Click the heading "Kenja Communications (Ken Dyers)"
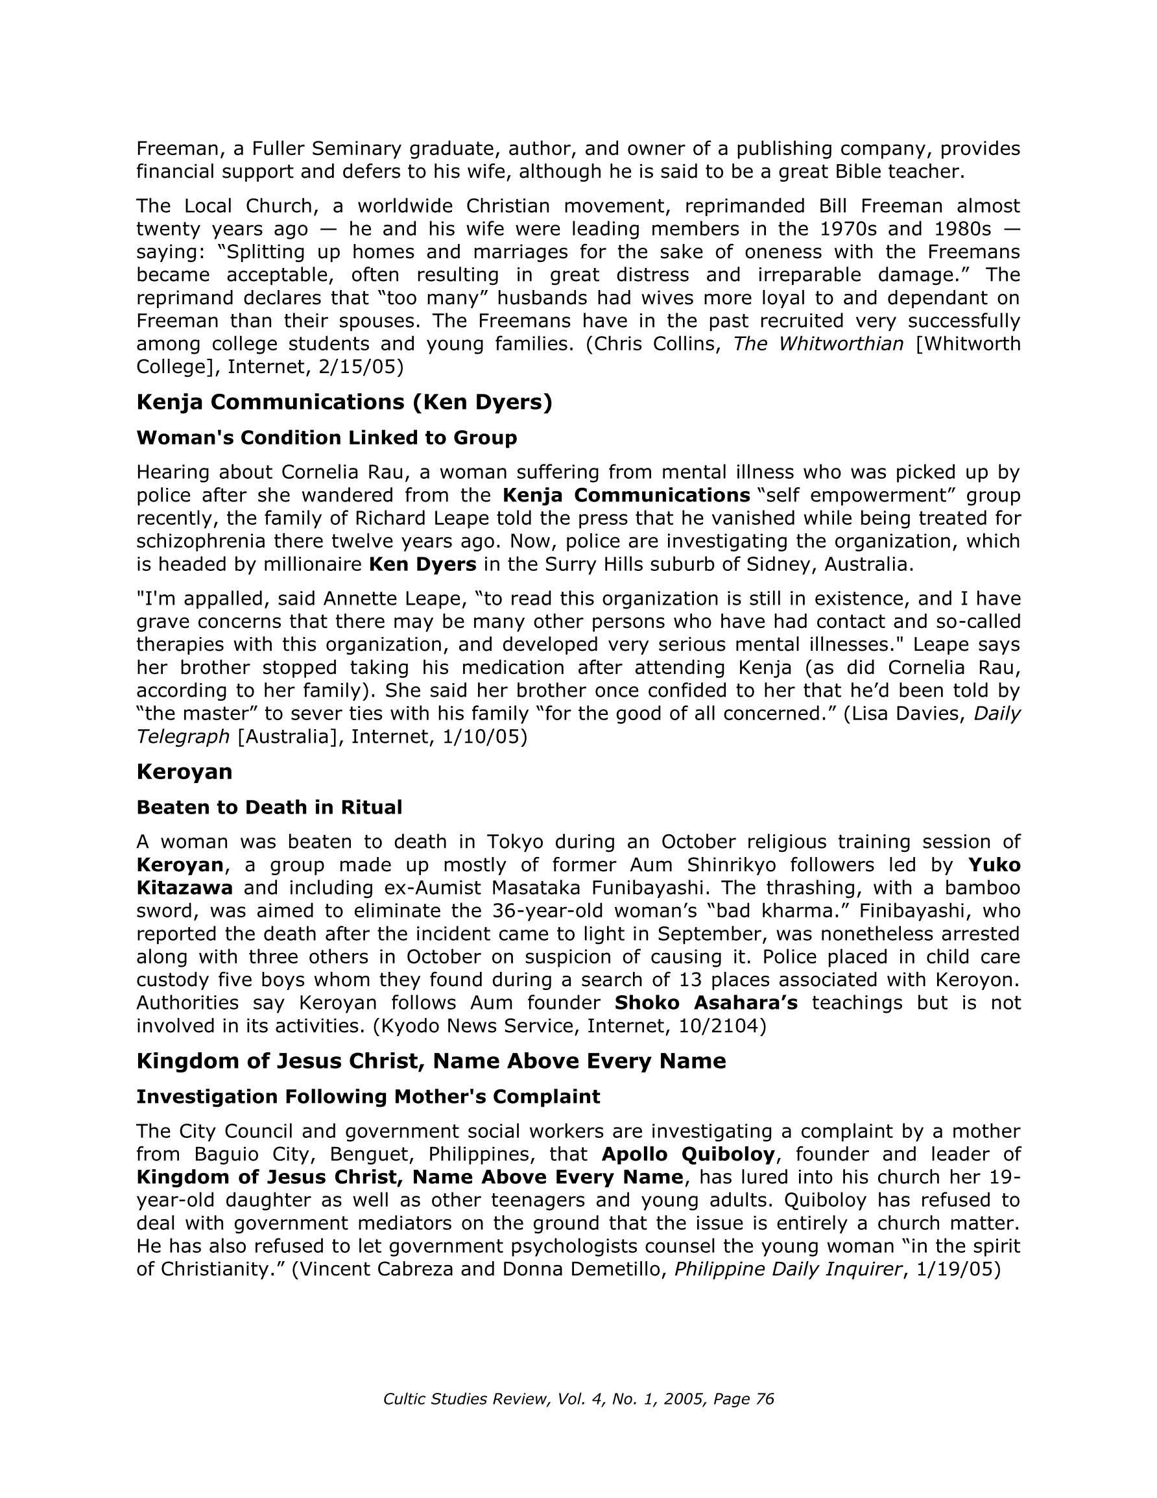click(344, 402)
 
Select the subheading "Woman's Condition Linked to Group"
click(326, 438)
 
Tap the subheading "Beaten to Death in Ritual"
click(269, 807)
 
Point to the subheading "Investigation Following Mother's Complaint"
click(368, 1097)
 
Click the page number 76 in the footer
click(764, 1399)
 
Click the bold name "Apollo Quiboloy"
click(688, 1154)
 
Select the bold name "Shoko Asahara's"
click(706, 1003)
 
